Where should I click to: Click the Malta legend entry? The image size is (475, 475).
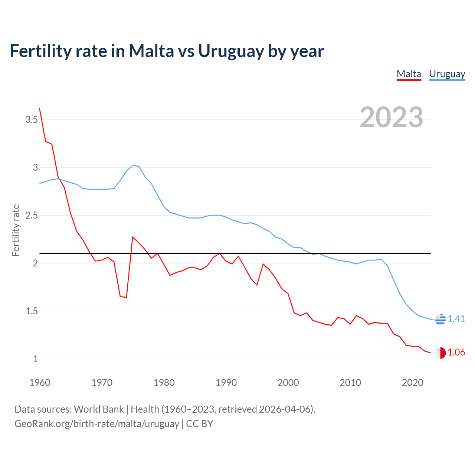coord(409,74)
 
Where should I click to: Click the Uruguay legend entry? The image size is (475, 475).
coord(447,74)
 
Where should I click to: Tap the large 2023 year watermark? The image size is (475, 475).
coord(391,117)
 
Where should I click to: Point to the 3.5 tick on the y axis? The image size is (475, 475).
coord(32,119)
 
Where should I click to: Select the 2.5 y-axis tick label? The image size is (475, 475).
coord(32,215)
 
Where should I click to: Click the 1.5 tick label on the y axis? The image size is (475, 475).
coord(32,311)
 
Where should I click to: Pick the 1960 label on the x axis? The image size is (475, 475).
coord(40,383)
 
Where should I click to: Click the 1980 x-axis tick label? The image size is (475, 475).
coord(164,383)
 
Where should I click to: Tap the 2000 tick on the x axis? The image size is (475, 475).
coord(288,383)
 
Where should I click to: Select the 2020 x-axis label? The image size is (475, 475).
coord(412,383)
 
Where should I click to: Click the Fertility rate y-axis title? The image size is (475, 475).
coord(16,230)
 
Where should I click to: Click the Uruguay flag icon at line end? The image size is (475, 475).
coord(440,319)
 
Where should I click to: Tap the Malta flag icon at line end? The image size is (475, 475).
coord(440,353)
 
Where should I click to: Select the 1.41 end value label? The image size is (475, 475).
coord(456,319)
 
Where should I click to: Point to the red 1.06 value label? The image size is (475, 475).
coord(456,353)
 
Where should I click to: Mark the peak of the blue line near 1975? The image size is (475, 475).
coord(133,165)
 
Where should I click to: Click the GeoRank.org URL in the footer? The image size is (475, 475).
coord(96,424)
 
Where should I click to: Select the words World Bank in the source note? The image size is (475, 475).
coord(99,409)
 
